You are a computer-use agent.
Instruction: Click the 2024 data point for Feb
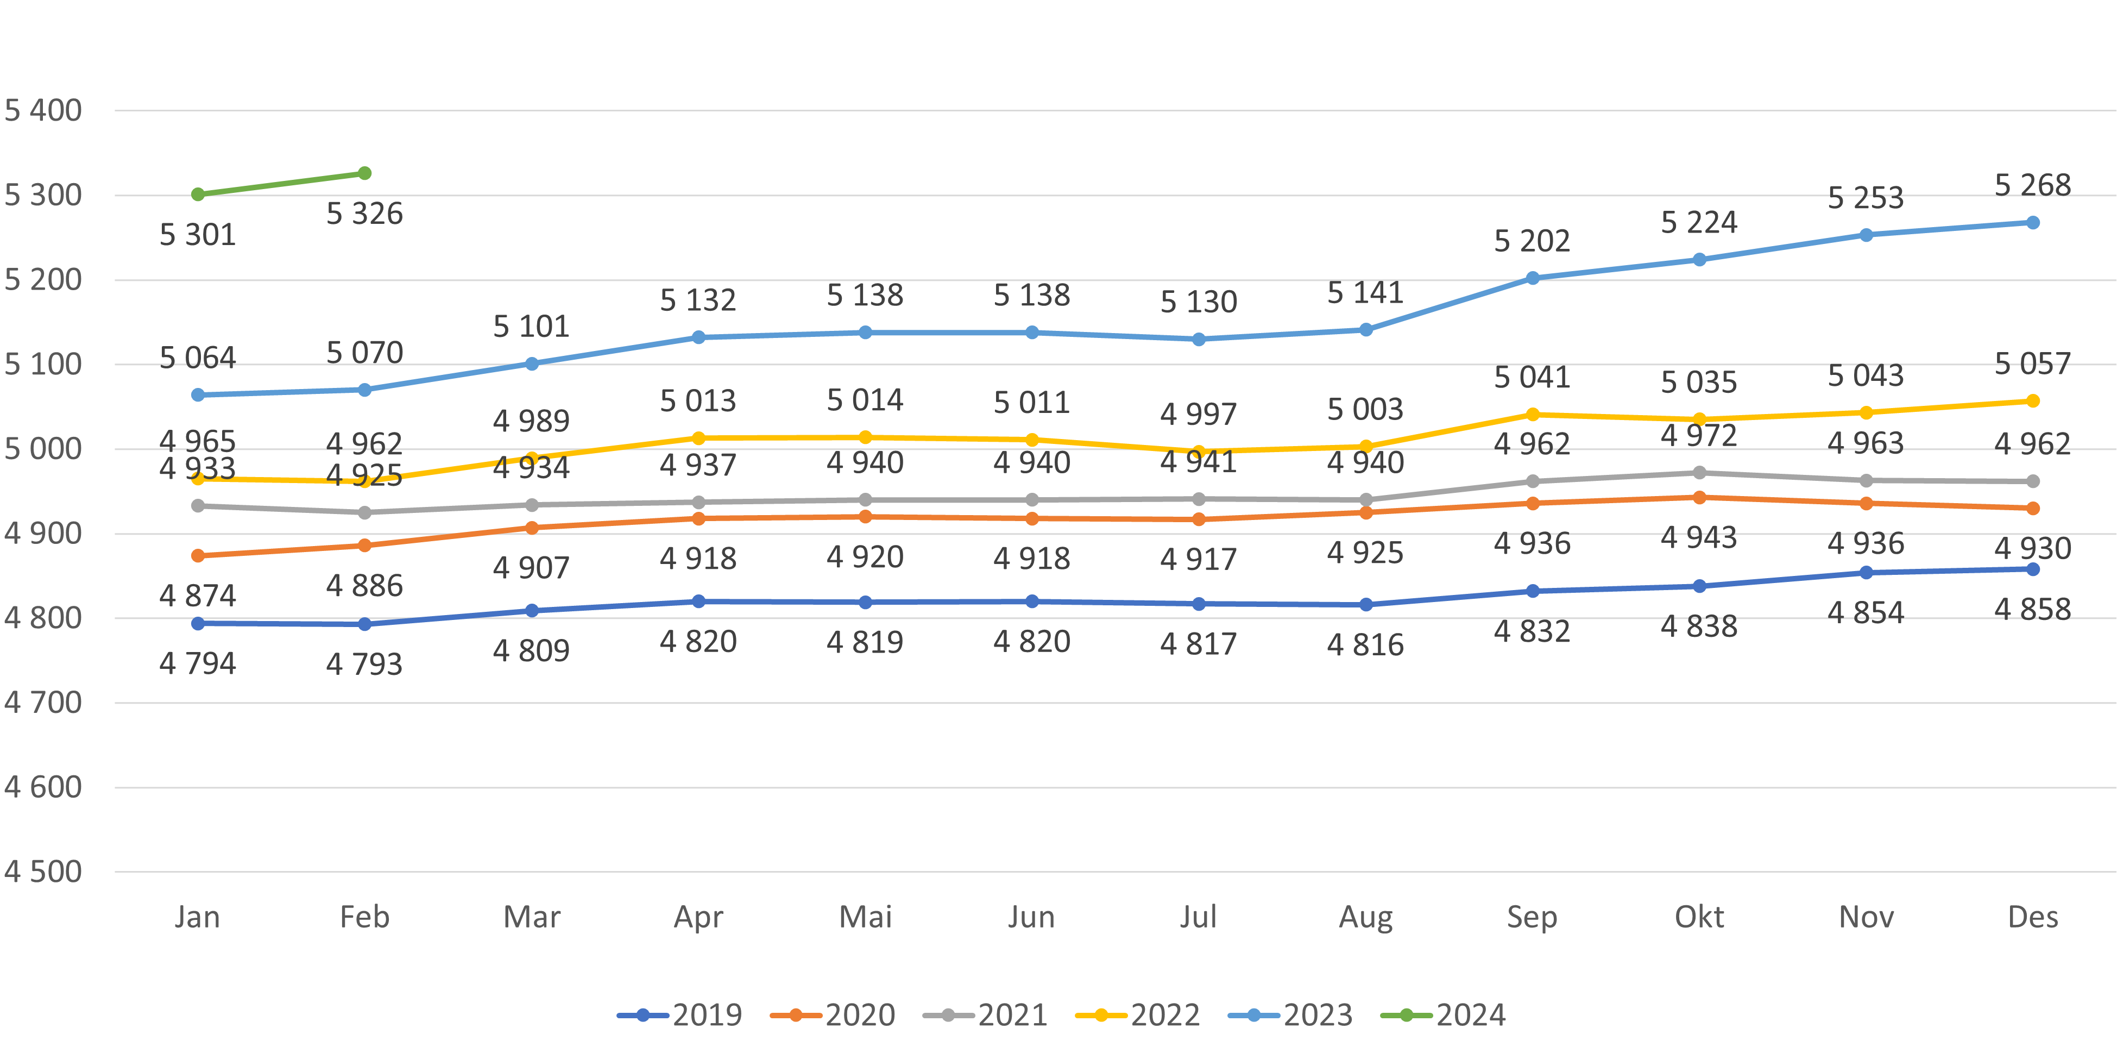[x=364, y=173]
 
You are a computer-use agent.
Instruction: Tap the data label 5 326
[x=364, y=214]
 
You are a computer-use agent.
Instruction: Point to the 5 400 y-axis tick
[x=43, y=110]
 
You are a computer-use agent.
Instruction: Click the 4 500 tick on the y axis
[x=43, y=872]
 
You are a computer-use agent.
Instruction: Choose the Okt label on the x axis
[x=1699, y=917]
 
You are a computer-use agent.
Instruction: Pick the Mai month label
[x=865, y=917]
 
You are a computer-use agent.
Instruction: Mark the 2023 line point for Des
[x=2032, y=223]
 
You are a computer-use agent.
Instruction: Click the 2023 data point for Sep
[x=1532, y=278]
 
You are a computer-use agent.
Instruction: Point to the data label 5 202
[x=1532, y=241]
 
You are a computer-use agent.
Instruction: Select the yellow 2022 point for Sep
[x=1532, y=415]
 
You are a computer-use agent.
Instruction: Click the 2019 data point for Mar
[x=532, y=611]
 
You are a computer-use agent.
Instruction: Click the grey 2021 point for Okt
[x=1699, y=473]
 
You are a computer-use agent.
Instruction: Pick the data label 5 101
[x=532, y=327]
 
